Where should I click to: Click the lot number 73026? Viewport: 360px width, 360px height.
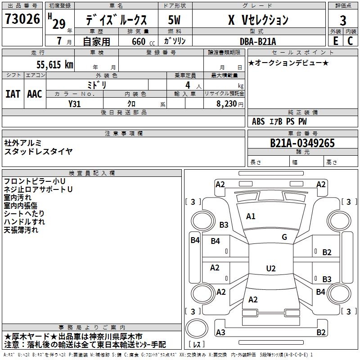coord(22,20)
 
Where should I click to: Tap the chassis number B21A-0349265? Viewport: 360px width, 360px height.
coord(302,143)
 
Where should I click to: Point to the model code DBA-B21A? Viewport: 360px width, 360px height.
coord(258,41)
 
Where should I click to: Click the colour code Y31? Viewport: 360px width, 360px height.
coord(75,103)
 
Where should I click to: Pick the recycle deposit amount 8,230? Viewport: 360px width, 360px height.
coord(226,103)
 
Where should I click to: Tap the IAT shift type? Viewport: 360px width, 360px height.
coord(13,94)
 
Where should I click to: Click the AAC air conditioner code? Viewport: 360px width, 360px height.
coord(35,94)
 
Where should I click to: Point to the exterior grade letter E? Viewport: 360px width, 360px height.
coord(335,41)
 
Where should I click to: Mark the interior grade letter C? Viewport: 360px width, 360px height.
coord(351,41)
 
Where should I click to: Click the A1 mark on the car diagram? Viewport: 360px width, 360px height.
coord(251,216)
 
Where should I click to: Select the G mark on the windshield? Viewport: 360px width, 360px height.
coord(284,237)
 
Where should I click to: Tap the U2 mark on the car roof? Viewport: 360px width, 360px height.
coord(271,269)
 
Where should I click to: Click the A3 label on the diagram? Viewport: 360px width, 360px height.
coord(220,332)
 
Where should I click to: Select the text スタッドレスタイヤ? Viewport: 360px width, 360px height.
coord(38,151)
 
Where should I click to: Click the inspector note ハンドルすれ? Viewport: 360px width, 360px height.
coord(24,222)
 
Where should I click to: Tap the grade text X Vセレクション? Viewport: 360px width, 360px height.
coord(258,20)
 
